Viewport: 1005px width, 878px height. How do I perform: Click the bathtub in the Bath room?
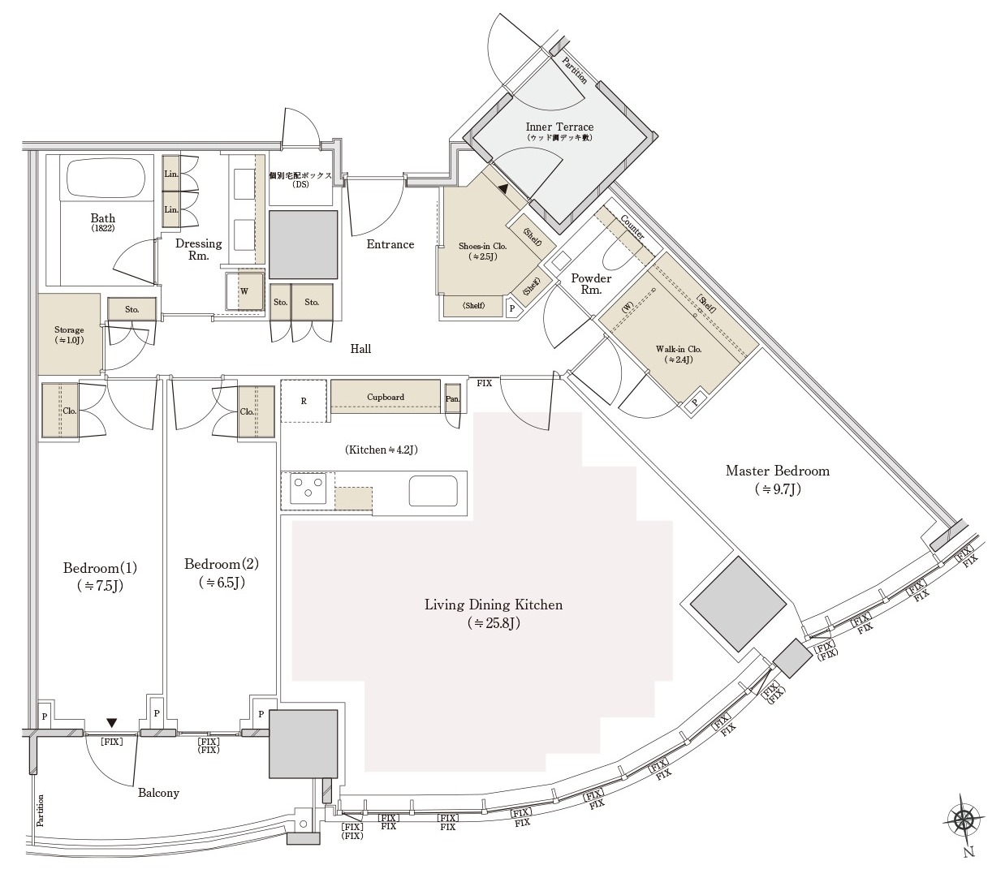pos(104,178)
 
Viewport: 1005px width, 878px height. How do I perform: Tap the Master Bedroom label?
pos(777,471)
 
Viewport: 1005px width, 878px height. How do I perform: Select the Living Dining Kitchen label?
pos(494,605)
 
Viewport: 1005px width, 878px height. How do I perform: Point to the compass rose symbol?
pos(965,820)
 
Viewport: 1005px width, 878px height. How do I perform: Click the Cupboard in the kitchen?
pos(386,397)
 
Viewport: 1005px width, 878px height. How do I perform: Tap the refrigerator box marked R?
pos(304,400)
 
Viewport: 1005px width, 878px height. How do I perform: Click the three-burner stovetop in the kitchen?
pos(308,488)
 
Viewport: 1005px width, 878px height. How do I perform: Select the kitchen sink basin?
pos(433,491)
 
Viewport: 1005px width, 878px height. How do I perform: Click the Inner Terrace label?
pos(559,127)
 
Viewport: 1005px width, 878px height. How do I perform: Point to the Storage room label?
pos(69,329)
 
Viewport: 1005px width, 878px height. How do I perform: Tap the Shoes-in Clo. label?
pos(482,246)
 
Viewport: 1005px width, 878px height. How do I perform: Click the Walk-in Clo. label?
pos(679,349)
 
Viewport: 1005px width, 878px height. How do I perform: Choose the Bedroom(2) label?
pos(222,564)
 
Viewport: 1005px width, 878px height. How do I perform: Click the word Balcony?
pos(158,793)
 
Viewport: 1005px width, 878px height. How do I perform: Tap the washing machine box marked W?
pos(244,291)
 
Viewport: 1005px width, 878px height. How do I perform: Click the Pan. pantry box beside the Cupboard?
pos(452,398)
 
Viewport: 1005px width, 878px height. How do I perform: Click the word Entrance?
pos(390,244)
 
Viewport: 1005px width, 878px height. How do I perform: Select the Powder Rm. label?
pos(591,283)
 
